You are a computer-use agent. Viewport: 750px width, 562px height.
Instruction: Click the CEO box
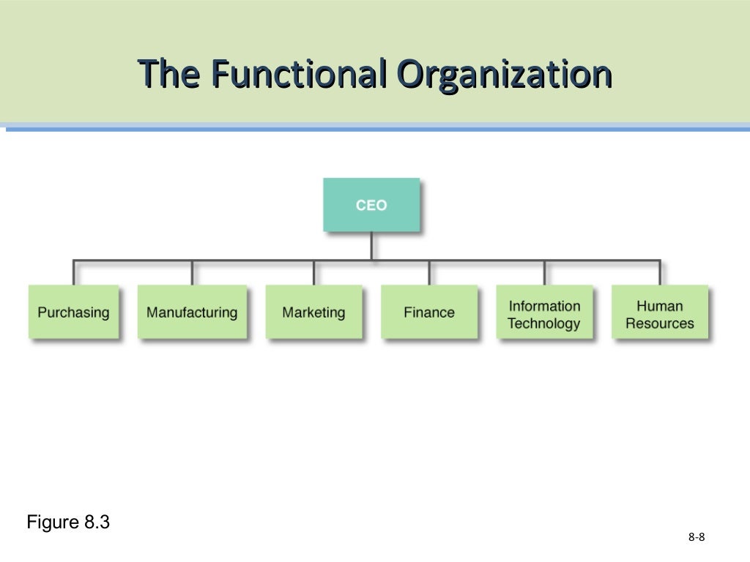(x=371, y=205)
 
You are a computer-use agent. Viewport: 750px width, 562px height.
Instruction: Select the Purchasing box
(x=73, y=312)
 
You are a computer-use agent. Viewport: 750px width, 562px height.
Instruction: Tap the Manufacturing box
(x=192, y=312)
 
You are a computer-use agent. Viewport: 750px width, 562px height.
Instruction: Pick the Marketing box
(x=313, y=312)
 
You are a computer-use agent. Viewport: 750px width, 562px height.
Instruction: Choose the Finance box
(x=429, y=312)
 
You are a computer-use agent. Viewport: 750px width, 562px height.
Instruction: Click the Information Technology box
(x=544, y=312)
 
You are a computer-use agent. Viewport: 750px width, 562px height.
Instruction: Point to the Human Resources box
(x=660, y=312)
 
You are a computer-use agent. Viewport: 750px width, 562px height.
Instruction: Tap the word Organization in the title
(x=504, y=75)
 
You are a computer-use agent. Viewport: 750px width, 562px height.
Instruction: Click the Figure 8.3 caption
(x=68, y=522)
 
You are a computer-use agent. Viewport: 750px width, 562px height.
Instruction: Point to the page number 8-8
(x=697, y=538)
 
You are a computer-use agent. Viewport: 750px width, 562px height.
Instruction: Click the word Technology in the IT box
(x=543, y=323)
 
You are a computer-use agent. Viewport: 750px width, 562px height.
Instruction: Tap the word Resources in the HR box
(x=659, y=323)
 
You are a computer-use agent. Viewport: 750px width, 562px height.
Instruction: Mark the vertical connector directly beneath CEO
(x=371, y=245)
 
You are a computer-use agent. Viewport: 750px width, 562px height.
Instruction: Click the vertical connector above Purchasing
(x=73, y=272)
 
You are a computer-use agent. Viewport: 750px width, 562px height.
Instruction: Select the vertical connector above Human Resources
(x=660, y=272)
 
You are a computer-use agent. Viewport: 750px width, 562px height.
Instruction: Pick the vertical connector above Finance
(x=429, y=272)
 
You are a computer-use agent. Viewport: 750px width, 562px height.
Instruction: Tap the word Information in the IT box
(x=544, y=306)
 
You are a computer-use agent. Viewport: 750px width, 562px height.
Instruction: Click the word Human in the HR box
(x=659, y=306)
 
